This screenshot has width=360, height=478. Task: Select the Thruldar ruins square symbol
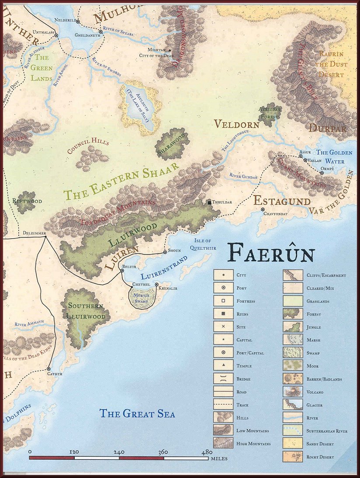(x=210, y=202)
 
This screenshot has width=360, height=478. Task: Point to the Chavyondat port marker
(x=263, y=210)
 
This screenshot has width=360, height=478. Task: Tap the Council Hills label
(x=88, y=146)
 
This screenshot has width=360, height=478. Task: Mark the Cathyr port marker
(x=49, y=369)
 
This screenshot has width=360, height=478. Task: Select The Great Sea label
(x=137, y=413)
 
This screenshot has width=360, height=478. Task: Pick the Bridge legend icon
(x=221, y=379)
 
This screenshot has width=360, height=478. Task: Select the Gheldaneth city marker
(x=101, y=32)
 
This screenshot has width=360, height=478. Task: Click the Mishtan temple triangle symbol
(x=170, y=50)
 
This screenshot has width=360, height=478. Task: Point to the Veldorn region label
(x=237, y=124)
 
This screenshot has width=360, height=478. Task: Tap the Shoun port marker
(x=164, y=251)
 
